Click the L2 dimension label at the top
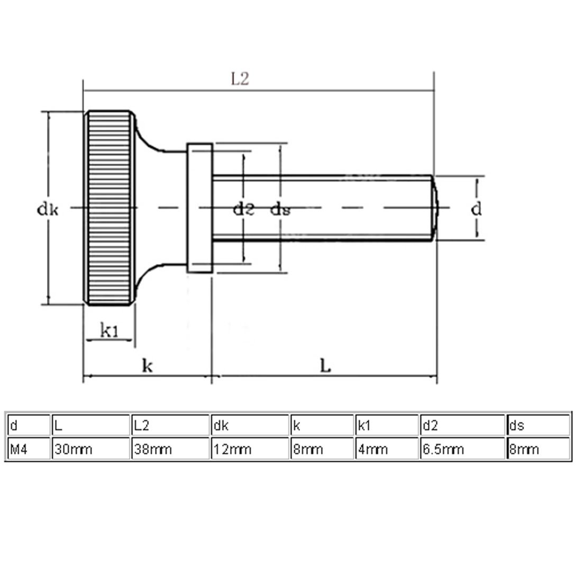coord(240,79)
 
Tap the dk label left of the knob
coord(48,210)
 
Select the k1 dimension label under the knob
coord(110,330)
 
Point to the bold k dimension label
coord(148,366)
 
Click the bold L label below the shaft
coord(325,366)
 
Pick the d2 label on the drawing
coord(244,210)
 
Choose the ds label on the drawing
coord(280,210)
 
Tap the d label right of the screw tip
coord(476,210)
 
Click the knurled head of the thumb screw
coord(110,208)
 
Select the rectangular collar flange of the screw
coord(199,208)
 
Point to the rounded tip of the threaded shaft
coord(435,208)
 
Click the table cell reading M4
coord(29,449)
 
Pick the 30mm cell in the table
coord(91,449)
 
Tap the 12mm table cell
coord(250,449)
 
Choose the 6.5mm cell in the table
coord(462,449)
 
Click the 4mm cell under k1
coord(387,449)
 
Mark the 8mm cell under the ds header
coord(538,449)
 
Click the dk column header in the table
coord(250,425)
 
